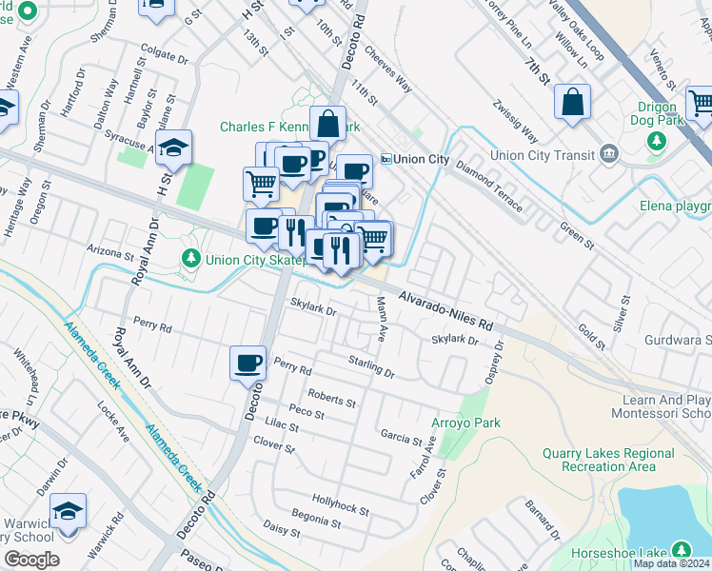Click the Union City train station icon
click(386, 159)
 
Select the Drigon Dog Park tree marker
click(656, 141)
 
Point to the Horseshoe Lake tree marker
click(681, 550)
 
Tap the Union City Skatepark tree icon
click(190, 258)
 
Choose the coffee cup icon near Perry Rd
click(248, 363)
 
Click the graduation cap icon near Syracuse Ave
click(174, 148)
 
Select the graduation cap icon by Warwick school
click(69, 511)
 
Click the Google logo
click(31, 560)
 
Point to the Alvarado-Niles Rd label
click(445, 310)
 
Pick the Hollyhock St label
click(341, 504)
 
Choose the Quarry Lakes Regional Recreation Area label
click(599, 460)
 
